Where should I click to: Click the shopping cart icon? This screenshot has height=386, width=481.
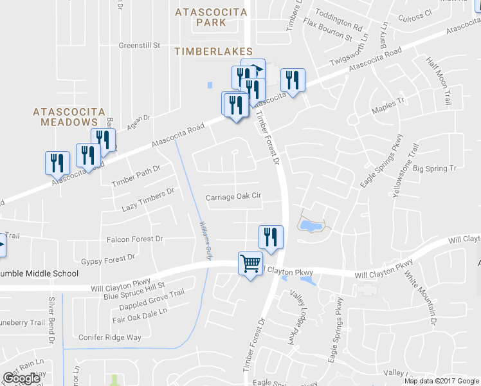[x=250, y=262]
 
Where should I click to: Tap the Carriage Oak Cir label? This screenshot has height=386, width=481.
[x=233, y=197]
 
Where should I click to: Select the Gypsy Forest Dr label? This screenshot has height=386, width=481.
[x=108, y=259]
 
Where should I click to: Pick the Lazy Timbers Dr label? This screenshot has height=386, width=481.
[x=148, y=201]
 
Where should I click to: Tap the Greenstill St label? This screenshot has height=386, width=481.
[x=139, y=46]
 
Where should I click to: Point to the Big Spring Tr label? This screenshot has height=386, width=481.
[x=434, y=169]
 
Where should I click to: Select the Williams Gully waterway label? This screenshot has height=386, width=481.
[x=204, y=239]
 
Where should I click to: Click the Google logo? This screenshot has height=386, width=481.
[x=21, y=378]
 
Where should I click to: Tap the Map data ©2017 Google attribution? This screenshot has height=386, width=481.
[x=441, y=381]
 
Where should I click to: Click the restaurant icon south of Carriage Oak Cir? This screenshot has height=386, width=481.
[x=271, y=237]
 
